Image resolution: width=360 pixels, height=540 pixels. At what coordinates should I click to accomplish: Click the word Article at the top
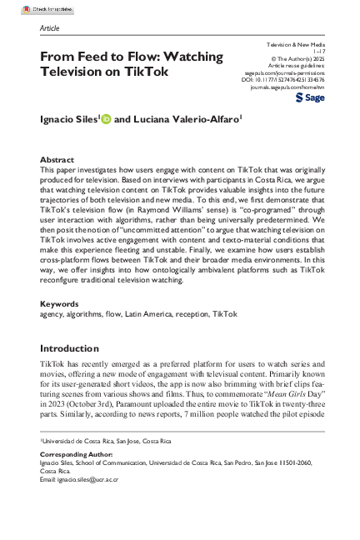[49, 27]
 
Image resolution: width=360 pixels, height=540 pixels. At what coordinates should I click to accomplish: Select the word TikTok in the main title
[152, 72]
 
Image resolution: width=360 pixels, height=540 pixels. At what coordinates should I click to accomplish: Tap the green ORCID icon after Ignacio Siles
[105, 119]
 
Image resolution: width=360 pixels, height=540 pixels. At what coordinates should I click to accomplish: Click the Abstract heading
[57, 158]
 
